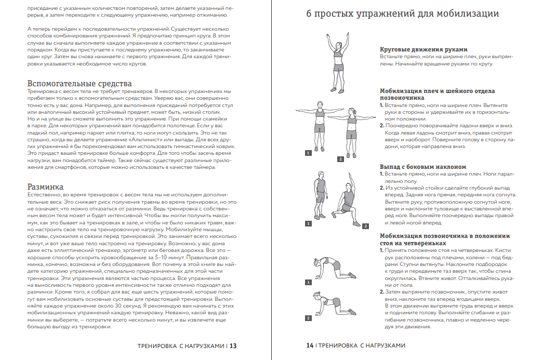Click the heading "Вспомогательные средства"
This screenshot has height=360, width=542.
80,84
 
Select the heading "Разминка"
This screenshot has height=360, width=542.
45,187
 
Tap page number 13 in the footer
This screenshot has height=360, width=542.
233,346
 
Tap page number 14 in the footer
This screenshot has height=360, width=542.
310,345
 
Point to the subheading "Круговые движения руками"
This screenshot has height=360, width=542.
424,49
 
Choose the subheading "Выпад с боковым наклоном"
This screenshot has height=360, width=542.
423,167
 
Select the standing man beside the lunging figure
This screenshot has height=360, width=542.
321,195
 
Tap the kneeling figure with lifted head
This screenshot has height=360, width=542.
334,303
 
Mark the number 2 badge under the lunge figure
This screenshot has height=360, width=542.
365,226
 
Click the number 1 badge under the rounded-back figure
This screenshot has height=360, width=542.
308,282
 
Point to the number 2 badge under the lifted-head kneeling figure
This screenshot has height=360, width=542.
308,318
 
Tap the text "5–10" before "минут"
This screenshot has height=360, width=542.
162,257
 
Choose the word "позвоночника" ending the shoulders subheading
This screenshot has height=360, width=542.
402,98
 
